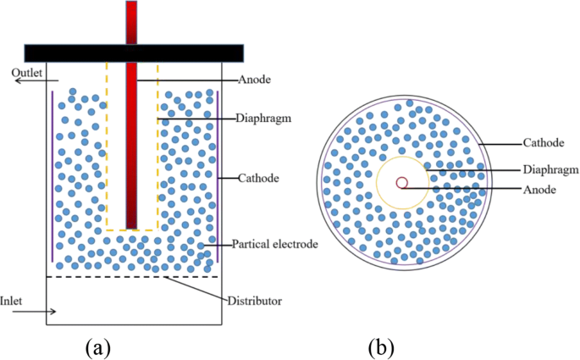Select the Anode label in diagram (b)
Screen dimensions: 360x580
(x=539, y=189)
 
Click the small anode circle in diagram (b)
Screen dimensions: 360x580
(x=403, y=181)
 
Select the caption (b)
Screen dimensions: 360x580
(x=380, y=345)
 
